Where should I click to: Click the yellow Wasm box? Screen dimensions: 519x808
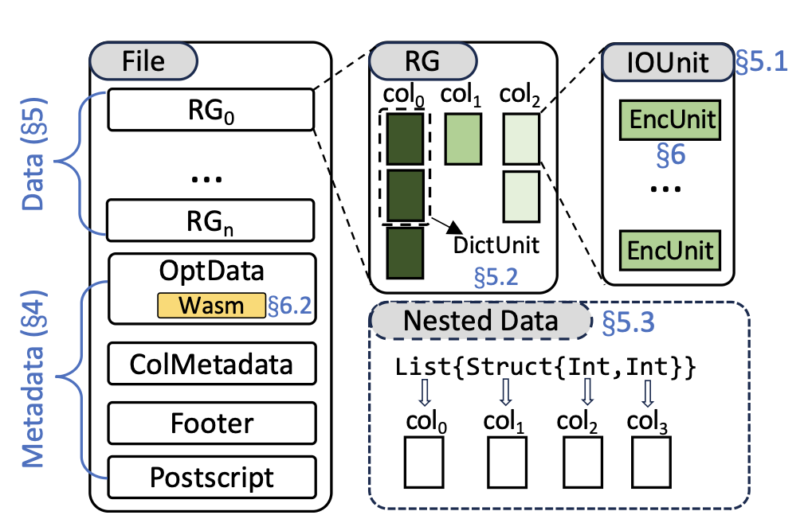(x=211, y=306)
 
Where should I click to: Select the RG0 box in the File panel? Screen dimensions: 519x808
(x=211, y=111)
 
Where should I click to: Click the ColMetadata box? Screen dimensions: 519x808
(x=211, y=364)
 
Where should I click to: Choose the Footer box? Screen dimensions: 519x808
(x=211, y=423)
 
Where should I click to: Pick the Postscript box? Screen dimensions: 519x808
(x=211, y=478)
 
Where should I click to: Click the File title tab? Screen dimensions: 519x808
(x=143, y=60)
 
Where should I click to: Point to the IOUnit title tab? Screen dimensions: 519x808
(x=665, y=62)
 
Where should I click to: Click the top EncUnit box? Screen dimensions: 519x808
(x=669, y=121)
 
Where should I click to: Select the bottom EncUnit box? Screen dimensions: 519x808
(x=669, y=249)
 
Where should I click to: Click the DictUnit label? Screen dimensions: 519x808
(x=496, y=244)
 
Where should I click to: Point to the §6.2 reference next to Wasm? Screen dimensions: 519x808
(x=291, y=306)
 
